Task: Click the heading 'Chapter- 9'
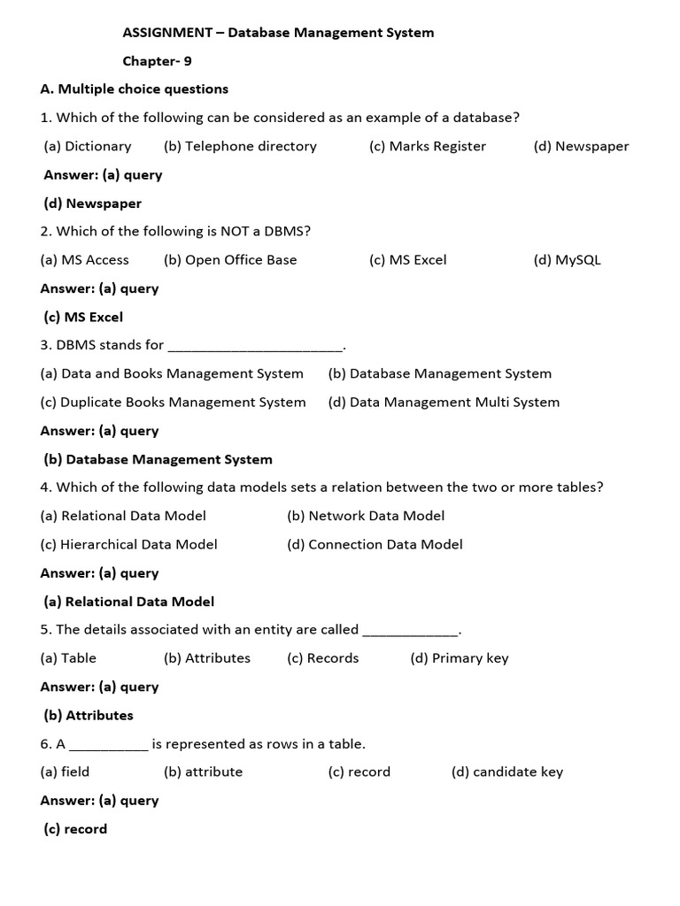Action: tap(157, 61)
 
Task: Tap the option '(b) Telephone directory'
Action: tap(240, 146)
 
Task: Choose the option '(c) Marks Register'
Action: tap(428, 146)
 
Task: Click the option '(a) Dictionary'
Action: tap(88, 146)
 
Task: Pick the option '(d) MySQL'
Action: tap(567, 260)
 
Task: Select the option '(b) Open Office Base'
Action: tap(230, 260)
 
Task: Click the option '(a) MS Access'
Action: tap(85, 260)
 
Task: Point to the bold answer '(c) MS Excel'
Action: tap(83, 317)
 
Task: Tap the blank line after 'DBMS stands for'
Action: tap(255, 346)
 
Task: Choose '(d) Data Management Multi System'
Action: tap(444, 402)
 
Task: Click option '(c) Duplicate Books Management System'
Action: tap(174, 402)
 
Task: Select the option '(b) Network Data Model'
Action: tap(366, 516)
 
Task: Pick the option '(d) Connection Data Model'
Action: tap(375, 544)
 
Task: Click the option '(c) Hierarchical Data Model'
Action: tap(129, 544)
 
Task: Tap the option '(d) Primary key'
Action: tap(460, 658)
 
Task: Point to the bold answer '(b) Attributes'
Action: tap(89, 715)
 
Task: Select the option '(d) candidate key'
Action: tap(507, 772)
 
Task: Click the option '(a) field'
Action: tap(66, 772)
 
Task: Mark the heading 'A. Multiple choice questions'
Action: tap(135, 89)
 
